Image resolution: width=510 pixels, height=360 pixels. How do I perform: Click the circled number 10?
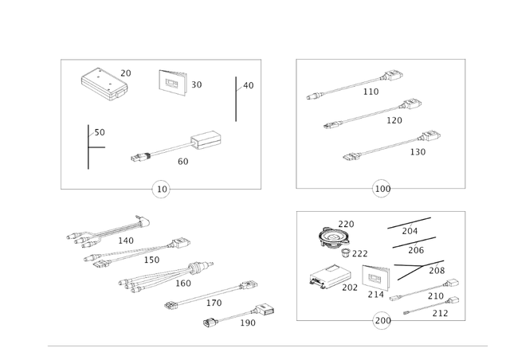coord(162,190)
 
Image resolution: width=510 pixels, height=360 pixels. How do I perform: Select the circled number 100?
coord(382,190)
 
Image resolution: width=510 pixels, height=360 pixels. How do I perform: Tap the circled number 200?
coord(382,321)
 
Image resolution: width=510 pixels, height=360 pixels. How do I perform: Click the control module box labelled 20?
coord(102,83)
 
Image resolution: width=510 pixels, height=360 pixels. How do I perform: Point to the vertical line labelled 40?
coord(236,99)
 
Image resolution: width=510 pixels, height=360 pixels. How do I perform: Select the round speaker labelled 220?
coord(333,237)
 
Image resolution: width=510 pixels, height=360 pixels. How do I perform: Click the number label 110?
coord(371,92)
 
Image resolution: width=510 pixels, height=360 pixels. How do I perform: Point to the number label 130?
coord(418,152)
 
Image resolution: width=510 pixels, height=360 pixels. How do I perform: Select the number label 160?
coord(183,284)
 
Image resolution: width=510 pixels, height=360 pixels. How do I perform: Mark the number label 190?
coord(248,323)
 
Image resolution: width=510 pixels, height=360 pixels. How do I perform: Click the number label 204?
coord(410,232)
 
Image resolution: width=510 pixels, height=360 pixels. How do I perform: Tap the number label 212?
coord(440,314)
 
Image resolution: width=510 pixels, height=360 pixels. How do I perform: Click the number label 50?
coord(100,133)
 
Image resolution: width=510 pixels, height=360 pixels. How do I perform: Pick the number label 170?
coord(214,303)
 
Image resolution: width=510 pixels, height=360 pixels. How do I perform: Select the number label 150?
coord(151,260)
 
